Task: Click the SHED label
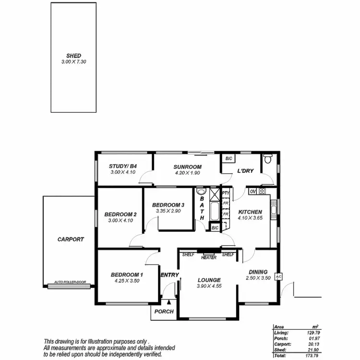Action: pos(73,56)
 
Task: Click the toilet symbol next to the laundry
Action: pos(268,159)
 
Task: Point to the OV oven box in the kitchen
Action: pos(252,191)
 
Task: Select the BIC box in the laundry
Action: pos(229,158)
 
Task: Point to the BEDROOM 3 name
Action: pos(168,205)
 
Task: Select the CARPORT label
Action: pos(71,239)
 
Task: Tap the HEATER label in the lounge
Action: pos(209,258)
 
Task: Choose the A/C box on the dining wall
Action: pos(278,277)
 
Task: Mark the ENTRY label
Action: pos(169,275)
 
